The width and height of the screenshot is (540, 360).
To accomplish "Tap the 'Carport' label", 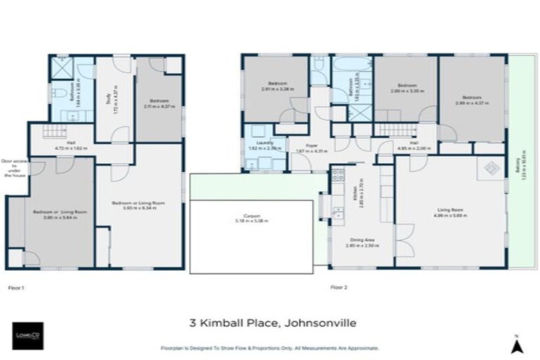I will click(x=252, y=217).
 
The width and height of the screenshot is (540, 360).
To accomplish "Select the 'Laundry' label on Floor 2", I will click(x=255, y=143).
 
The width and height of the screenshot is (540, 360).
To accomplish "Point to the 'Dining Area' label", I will click(x=359, y=242).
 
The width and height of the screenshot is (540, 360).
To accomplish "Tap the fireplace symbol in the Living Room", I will click(x=491, y=169).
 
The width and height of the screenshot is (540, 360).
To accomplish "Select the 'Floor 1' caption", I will click(x=15, y=287).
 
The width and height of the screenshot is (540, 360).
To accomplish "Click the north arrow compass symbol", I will click(x=516, y=344).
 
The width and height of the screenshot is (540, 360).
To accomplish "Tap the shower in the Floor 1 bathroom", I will click(x=62, y=70).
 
